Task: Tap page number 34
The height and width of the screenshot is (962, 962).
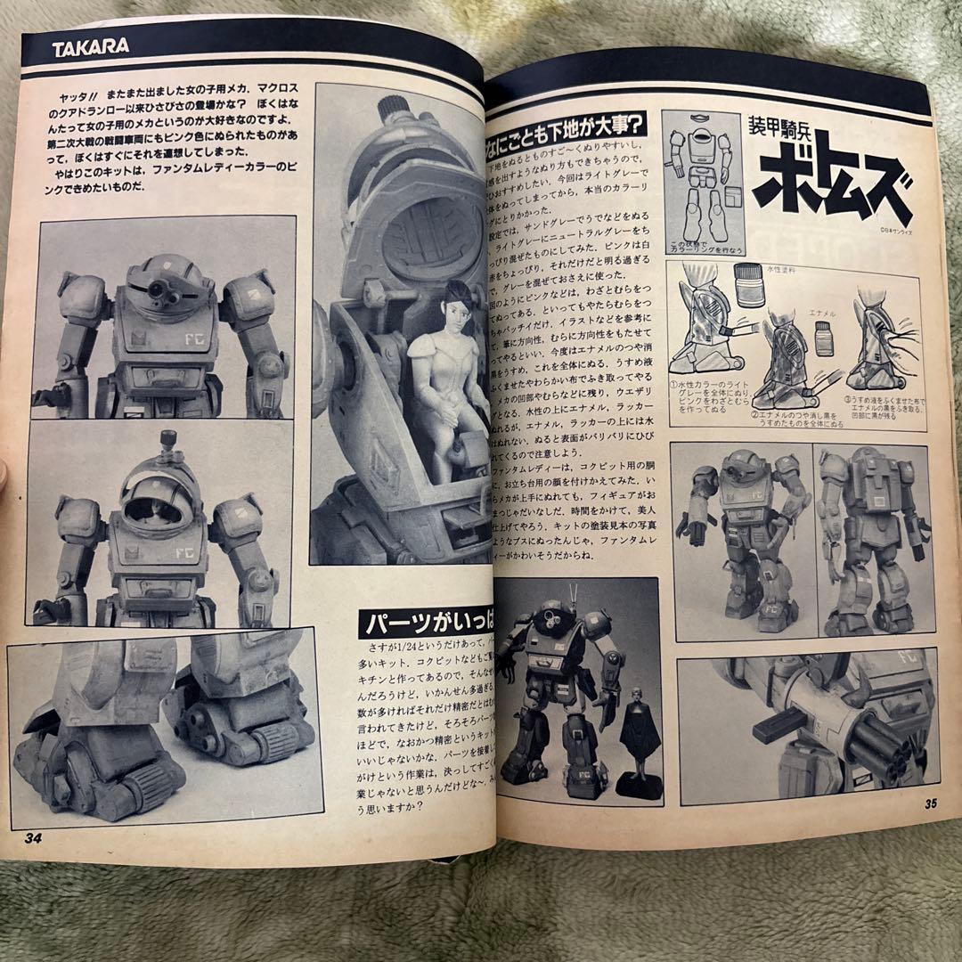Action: pyautogui.click(x=33, y=836)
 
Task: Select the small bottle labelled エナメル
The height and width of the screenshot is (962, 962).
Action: pyautogui.click(x=824, y=338)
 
